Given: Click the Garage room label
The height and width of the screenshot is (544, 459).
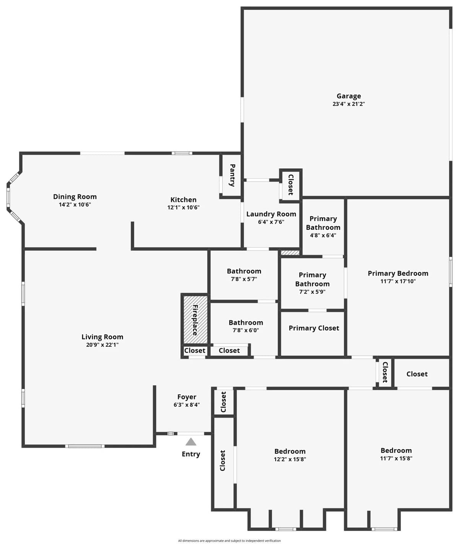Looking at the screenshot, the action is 348,96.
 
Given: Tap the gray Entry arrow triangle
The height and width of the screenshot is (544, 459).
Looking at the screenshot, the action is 191,442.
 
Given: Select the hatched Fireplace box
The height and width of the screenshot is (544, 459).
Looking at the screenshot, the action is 195,320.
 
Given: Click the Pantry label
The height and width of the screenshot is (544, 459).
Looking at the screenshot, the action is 232,175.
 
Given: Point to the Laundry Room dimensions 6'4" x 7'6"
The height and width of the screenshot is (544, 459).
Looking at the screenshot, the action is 271,222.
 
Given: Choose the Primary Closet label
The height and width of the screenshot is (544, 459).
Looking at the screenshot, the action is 314,328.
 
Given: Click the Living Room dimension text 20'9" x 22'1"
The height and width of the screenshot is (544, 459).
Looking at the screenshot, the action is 103,345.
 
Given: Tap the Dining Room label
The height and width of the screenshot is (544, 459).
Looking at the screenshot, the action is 75,196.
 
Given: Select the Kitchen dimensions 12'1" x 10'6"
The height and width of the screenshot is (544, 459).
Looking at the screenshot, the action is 184,207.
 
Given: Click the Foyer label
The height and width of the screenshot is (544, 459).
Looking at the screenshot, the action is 187,397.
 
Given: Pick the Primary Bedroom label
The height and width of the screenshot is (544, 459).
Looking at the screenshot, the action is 398,273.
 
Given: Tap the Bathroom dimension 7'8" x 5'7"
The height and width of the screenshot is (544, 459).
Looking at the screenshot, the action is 244,279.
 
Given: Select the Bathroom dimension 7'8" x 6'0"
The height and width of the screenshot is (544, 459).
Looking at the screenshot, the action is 246,330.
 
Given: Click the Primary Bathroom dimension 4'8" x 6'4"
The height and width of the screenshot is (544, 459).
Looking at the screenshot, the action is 323,235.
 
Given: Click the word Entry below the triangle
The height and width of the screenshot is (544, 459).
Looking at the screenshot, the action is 191,454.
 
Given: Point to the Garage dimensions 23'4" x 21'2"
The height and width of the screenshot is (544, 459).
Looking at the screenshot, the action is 348,104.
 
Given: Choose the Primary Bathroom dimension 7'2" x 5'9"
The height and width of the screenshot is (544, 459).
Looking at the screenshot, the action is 312,292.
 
